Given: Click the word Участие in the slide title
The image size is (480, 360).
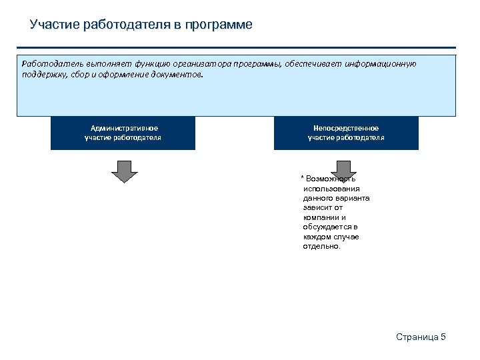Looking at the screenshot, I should [55, 25].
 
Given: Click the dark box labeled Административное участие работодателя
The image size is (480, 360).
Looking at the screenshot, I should [123, 133].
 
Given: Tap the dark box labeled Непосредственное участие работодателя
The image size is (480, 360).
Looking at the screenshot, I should [346, 133].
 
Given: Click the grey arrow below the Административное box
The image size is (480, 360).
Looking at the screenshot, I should [123, 171].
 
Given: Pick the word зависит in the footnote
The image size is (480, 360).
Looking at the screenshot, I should [317, 207].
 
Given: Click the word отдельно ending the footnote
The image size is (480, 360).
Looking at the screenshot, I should [321, 246].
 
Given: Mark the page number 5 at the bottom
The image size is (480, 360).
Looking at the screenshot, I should [443, 337].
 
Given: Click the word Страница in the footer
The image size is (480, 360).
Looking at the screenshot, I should [417, 337].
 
